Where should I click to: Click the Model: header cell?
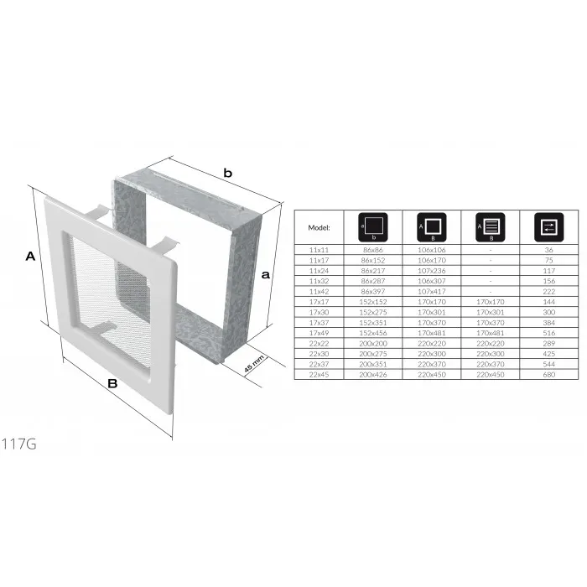coord(319,227)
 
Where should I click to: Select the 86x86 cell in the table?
coord(373,250)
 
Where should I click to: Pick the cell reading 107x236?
coord(432,271)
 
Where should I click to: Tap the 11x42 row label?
coord(319,291)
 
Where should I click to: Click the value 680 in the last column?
coord(548,374)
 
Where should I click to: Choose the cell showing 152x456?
coord(373,333)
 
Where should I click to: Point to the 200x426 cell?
coord(373,374)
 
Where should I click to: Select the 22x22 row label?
coord(319,343)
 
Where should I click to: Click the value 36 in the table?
coord(548,250)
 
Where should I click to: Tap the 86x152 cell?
coord(373,260)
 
